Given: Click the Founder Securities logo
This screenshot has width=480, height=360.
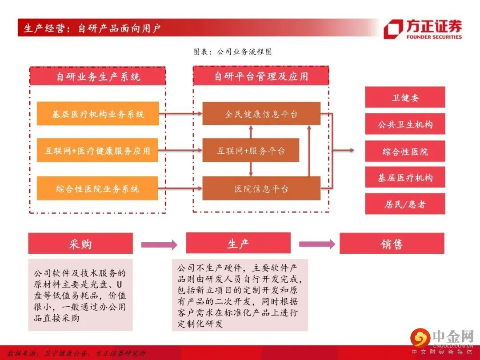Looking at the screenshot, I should [x=422, y=29].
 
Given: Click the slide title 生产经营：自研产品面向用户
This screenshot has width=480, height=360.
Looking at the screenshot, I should [x=92, y=28].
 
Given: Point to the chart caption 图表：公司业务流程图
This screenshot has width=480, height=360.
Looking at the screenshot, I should [x=232, y=52].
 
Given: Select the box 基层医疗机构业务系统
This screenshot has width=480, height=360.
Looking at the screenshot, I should [x=98, y=114].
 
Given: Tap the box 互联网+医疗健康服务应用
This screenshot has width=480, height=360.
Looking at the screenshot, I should [x=98, y=151].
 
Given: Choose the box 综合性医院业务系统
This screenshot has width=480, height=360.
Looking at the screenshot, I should [x=98, y=188].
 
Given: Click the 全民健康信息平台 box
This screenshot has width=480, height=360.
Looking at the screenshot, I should [x=261, y=114].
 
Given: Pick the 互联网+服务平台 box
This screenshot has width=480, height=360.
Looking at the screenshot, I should [x=251, y=151].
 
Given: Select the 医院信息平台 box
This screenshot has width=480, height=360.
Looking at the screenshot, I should [x=261, y=188].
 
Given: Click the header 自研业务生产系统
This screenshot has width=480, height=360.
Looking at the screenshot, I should [x=98, y=76].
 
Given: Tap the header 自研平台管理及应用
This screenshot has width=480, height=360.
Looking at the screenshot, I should [x=261, y=76].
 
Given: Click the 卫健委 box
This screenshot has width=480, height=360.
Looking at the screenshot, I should [x=405, y=97].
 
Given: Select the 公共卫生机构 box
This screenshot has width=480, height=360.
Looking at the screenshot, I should [x=405, y=124].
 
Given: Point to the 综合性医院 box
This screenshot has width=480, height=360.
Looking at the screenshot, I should [x=405, y=151].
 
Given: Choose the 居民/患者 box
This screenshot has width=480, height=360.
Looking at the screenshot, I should [x=405, y=204].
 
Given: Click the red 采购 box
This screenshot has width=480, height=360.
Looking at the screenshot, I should [x=80, y=243].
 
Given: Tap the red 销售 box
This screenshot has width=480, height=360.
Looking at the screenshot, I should [x=392, y=244].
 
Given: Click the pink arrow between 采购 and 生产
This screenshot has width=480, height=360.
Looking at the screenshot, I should [x=159, y=244].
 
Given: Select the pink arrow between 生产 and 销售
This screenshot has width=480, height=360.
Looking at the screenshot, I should [x=317, y=244].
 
